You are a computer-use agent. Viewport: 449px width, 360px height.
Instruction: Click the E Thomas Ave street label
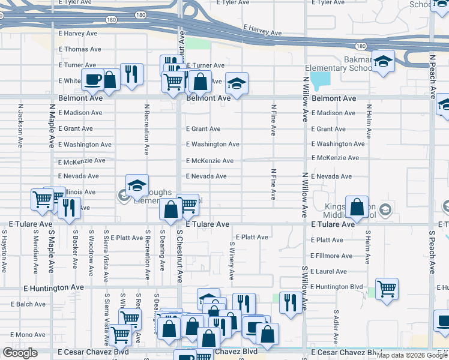[80, 49]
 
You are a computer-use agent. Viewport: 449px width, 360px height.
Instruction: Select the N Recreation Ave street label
[146, 129]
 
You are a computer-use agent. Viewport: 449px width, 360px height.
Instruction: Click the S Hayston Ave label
[4, 250]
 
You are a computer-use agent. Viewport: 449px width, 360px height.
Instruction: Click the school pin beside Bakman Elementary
[382, 61]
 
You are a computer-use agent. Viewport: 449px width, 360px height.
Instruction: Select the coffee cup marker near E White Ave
[92, 79]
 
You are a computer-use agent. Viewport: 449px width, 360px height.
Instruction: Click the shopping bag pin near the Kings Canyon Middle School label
[357, 207]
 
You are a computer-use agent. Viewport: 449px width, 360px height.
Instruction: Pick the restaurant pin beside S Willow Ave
[291, 302]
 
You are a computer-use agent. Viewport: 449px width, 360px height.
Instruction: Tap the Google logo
[20, 353]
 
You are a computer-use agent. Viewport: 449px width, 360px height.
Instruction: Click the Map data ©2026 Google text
[411, 355]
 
